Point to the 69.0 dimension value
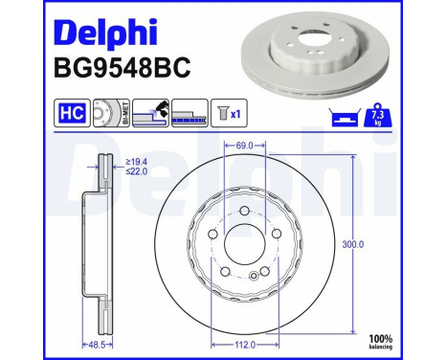[243, 146]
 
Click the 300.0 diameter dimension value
[354, 244]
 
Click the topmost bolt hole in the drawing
[244, 212]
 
